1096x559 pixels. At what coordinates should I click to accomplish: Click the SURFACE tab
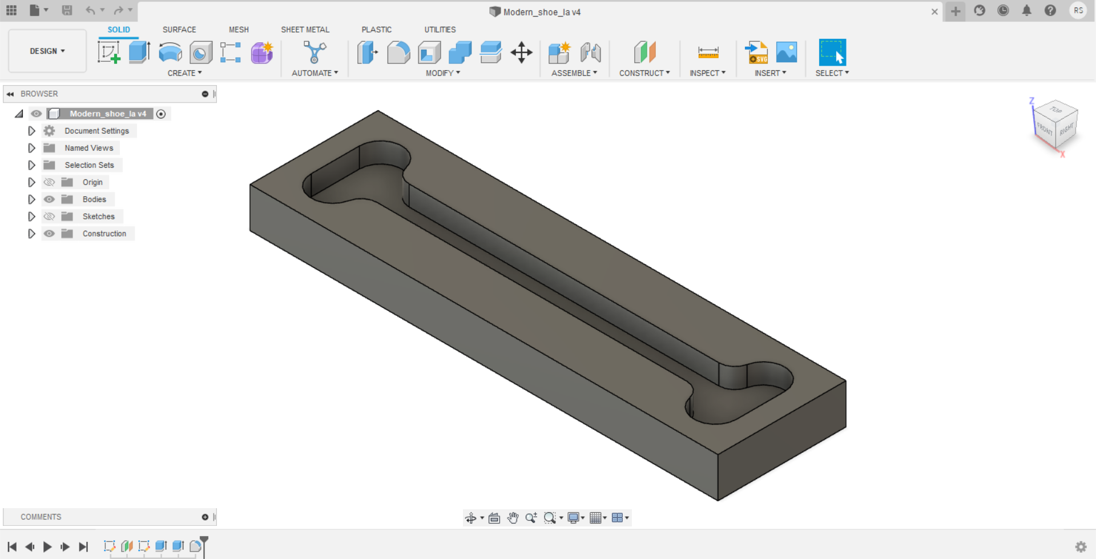179,30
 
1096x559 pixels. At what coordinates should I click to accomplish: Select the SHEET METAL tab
305,30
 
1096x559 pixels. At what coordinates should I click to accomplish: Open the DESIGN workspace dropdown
47,51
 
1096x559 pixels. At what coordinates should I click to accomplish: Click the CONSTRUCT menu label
644,73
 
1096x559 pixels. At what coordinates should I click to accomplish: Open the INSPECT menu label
707,73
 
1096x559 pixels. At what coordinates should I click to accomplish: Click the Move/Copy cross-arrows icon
521,53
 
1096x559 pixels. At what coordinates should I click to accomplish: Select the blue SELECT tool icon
832,53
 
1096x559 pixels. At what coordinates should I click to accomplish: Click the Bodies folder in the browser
94,199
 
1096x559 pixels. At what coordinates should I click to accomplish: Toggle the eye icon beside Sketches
50,216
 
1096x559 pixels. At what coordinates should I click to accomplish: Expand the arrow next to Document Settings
31,131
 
